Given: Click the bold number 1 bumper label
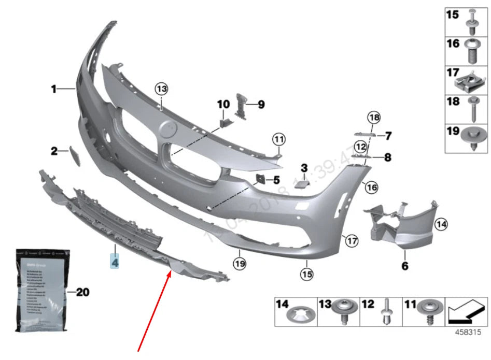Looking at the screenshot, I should [53, 90].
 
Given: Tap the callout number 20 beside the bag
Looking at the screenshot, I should [82, 293].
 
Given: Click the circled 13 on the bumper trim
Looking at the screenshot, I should [162, 89].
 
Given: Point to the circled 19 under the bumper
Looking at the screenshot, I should [239, 264].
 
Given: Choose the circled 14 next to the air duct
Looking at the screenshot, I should [441, 224].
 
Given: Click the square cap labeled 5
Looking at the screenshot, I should [259, 180].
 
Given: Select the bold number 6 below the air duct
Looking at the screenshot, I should [404, 266].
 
